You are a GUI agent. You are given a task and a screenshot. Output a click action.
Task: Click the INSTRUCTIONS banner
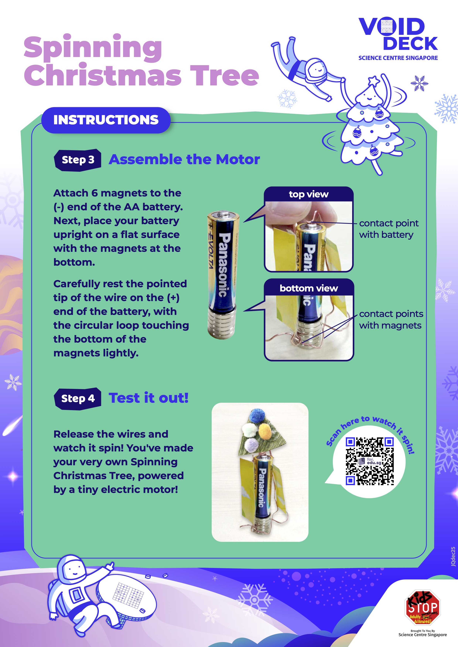tap(106, 120)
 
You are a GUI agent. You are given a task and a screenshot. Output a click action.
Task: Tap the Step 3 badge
tap(78, 160)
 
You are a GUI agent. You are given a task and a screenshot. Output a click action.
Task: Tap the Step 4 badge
tap(78, 398)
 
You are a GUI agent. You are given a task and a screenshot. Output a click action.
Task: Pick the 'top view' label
tap(309, 194)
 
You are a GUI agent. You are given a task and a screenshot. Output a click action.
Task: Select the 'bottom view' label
tap(309, 288)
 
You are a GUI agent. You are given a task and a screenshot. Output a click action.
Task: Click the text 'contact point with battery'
tap(389, 229)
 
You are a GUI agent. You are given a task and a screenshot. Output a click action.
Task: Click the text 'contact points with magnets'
tap(391, 320)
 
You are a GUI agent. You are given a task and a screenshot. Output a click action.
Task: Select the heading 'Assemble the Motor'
tap(184, 160)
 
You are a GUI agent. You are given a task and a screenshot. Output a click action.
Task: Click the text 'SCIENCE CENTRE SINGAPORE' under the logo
tap(398, 58)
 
